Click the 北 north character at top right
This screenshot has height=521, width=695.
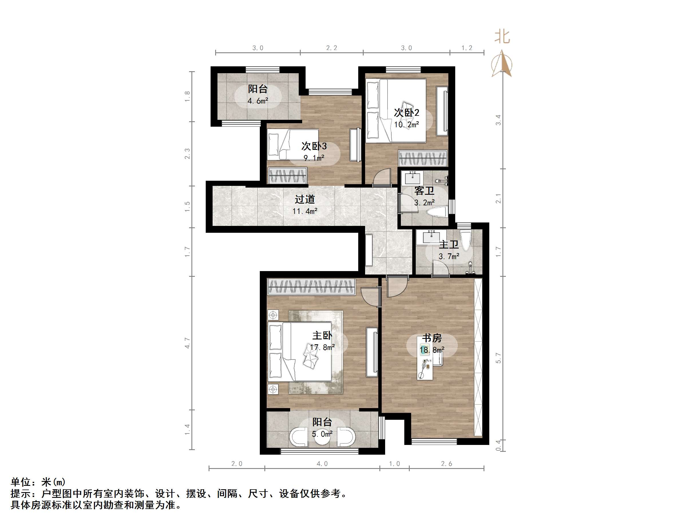[x=502, y=37]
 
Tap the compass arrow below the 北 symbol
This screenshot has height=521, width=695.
[x=502, y=64]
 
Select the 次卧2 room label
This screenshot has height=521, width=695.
[x=407, y=112]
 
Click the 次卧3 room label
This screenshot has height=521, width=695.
[x=314, y=146]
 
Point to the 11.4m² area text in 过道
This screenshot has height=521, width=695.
[x=304, y=211]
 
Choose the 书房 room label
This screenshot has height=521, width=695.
[x=432, y=338]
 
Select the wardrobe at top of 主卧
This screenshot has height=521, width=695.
[x=311, y=287]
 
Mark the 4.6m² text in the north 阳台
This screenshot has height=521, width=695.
[x=258, y=101]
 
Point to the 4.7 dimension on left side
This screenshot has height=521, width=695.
[x=187, y=343]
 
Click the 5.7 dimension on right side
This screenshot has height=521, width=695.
[x=498, y=358]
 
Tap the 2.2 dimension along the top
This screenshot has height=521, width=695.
[x=331, y=48]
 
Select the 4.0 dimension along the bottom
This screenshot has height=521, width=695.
[x=322, y=464]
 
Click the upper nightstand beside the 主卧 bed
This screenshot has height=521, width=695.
[x=273, y=315]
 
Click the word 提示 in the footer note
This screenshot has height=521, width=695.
[x=20, y=494]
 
